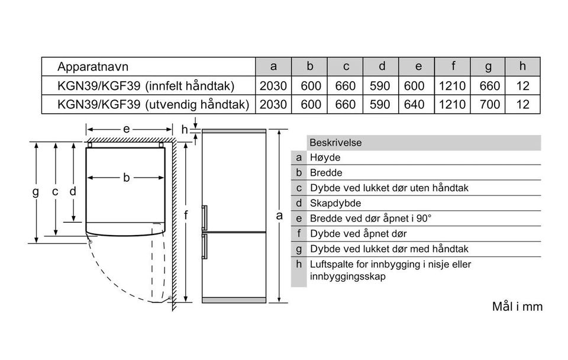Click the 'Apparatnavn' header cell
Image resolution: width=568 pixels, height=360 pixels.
[x=93, y=66]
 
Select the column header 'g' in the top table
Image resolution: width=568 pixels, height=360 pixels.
[x=490, y=66]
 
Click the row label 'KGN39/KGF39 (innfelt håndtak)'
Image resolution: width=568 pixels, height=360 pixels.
[x=146, y=86]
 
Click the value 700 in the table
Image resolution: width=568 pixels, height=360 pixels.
[x=490, y=105]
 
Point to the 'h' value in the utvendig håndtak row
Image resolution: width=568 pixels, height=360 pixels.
[x=522, y=105]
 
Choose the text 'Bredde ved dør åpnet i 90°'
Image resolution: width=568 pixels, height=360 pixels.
[x=371, y=218]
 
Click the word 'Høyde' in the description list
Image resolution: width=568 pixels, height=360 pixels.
[x=325, y=157]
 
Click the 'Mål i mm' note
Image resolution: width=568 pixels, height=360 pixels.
[x=517, y=307]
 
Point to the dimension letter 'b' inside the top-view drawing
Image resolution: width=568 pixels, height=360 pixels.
[x=126, y=177]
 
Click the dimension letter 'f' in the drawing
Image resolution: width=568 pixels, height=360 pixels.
[x=186, y=216]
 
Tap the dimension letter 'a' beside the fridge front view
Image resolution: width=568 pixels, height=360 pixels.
[x=279, y=216]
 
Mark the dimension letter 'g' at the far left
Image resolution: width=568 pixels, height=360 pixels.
[x=36, y=191]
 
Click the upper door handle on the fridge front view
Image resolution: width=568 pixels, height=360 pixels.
[x=205, y=217]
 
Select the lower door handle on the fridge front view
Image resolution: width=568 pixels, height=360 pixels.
[x=205, y=246]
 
